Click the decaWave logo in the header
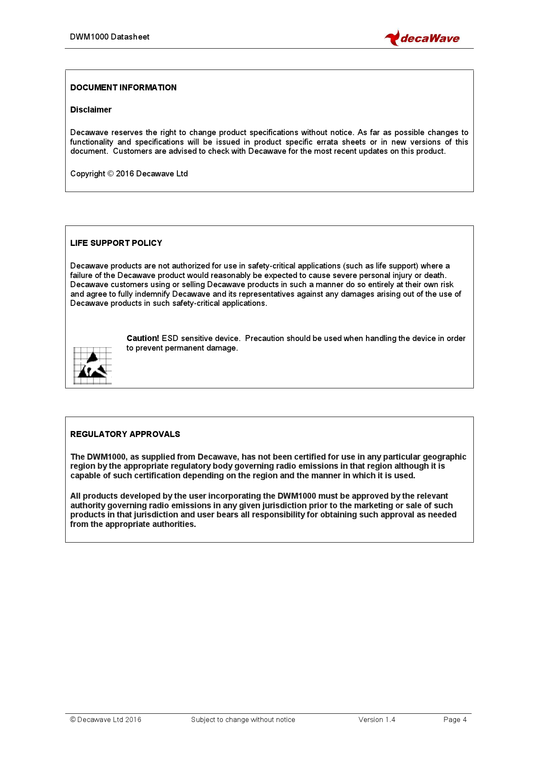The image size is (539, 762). (x=422, y=38)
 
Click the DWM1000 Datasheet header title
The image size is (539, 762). (x=110, y=37)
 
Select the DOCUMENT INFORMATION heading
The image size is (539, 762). (x=123, y=87)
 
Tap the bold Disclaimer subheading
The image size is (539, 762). (x=91, y=109)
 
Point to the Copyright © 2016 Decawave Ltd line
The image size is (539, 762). (x=129, y=174)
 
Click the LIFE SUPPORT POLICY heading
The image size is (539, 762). (x=116, y=243)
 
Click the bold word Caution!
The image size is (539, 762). (x=143, y=338)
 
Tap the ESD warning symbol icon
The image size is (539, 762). (x=93, y=365)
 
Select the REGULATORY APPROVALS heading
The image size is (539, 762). (x=125, y=434)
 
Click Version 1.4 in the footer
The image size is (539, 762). (x=377, y=719)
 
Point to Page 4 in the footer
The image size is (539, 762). (x=455, y=719)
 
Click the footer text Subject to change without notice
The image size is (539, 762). (x=243, y=719)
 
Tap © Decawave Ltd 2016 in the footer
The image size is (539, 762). (x=106, y=719)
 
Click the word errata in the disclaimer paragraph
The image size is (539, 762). (x=327, y=142)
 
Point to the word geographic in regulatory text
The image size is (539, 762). (x=445, y=457)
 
